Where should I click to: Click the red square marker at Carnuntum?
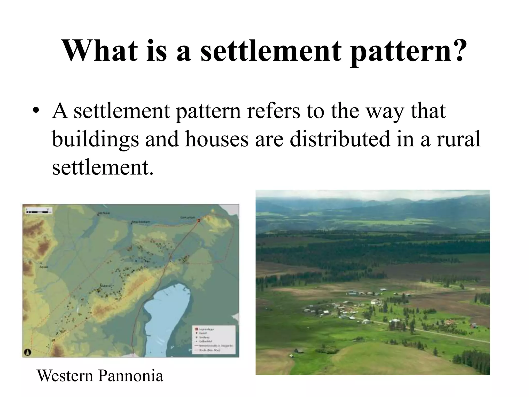[x=199, y=220]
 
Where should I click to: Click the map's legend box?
[x=214, y=340]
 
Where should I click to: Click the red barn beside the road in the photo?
[x=473, y=325]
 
